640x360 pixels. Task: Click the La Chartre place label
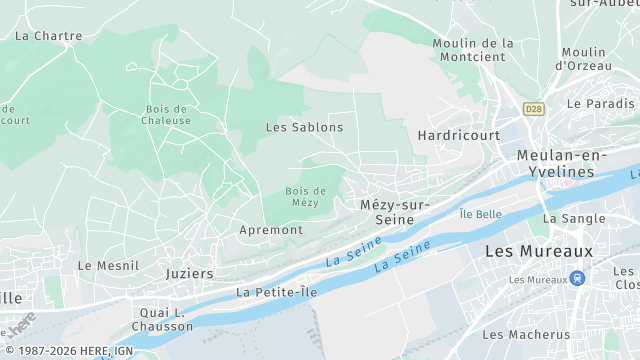point(49,36)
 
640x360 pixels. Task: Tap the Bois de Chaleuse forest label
point(167,114)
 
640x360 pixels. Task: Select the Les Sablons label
point(304,127)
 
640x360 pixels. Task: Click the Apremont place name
point(271,230)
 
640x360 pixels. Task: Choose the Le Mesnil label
point(99,266)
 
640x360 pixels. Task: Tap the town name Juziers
point(189,273)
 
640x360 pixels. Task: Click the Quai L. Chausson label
point(161,318)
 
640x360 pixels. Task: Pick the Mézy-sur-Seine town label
point(394,212)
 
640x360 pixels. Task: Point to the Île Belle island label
point(480,214)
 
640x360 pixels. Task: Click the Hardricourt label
point(450,134)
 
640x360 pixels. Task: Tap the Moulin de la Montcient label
point(473,50)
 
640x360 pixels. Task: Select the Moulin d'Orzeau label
point(584,58)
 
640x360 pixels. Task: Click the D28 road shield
point(534,108)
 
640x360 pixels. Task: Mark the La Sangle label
point(574,218)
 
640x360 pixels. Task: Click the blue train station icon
point(576,279)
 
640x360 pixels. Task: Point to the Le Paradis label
point(600,103)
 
